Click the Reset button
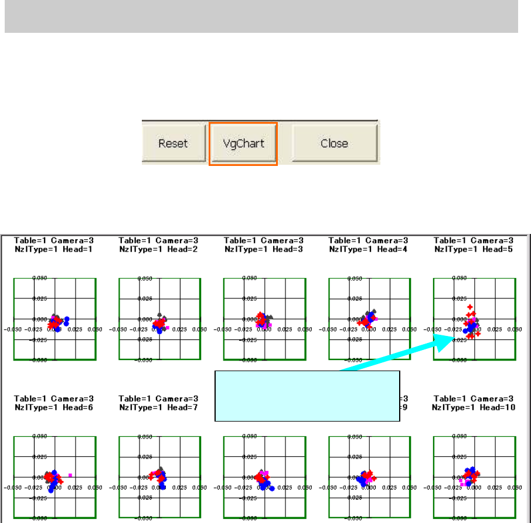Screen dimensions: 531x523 click(173, 144)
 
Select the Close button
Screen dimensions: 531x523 click(334, 144)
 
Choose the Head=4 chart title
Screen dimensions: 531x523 click(369, 244)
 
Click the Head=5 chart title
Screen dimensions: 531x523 click(474, 244)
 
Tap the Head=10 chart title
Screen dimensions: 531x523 click(474, 402)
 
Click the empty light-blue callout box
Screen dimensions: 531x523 click(308, 396)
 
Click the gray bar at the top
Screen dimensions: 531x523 click(261, 16)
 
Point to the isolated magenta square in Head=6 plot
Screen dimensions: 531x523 click(70, 474)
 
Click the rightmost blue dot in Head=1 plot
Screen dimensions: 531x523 click(67, 319)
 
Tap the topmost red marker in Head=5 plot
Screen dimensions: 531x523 click(470, 307)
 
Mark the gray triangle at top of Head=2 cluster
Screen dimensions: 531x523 click(159, 315)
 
